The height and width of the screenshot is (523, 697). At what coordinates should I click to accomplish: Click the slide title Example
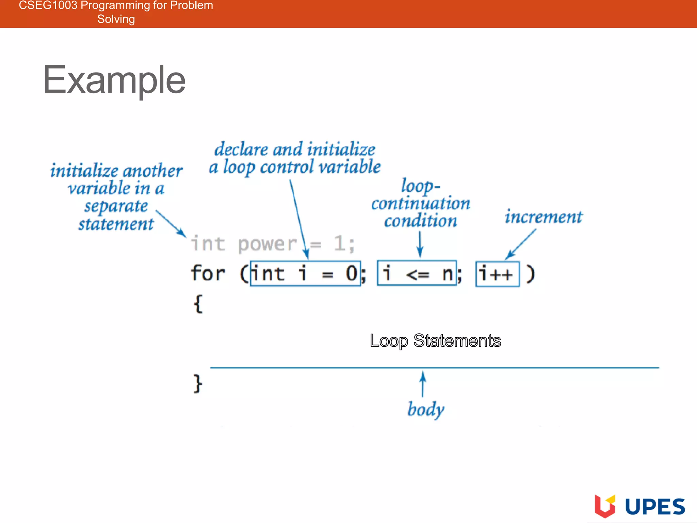[114, 80]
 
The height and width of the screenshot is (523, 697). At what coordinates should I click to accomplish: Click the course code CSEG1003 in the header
[48, 5]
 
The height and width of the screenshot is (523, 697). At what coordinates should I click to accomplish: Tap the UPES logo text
[655, 507]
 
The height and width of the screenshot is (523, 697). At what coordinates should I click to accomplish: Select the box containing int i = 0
[305, 274]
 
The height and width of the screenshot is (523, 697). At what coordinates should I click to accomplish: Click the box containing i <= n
[417, 273]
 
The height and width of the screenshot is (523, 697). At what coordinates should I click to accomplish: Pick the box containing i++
[497, 274]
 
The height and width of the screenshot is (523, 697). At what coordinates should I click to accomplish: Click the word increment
[544, 217]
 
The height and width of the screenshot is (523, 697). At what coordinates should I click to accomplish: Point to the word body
[426, 409]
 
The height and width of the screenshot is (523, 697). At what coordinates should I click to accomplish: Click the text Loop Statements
[435, 341]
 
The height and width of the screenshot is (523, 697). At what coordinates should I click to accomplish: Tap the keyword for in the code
[208, 273]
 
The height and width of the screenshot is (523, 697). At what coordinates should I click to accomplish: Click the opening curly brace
[198, 304]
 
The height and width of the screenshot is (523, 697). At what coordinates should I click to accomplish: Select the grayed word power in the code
[268, 244]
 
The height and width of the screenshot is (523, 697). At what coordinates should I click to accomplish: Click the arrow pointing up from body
[423, 384]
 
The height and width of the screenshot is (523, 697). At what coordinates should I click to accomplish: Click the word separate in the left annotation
[116, 206]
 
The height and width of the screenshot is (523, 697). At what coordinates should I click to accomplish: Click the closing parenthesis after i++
[530, 274]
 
